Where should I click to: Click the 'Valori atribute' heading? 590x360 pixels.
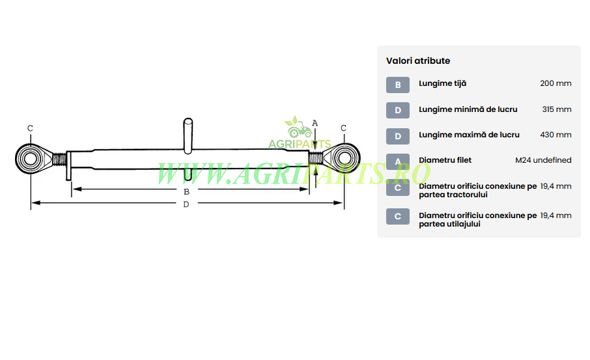click(417, 61)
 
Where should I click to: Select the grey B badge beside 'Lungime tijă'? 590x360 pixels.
click(398, 85)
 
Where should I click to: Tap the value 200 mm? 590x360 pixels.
click(555, 83)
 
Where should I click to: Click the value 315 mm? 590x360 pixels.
click(557, 109)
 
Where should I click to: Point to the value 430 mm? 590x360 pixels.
click(555, 135)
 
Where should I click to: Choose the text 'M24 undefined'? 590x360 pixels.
click(543, 160)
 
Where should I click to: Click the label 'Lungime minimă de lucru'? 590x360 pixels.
click(468, 109)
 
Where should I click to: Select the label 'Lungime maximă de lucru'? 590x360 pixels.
click(469, 135)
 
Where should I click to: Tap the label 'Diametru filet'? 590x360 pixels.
click(445, 160)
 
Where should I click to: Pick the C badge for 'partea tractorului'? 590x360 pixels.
click(398, 187)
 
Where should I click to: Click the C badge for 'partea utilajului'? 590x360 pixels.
click(398, 217)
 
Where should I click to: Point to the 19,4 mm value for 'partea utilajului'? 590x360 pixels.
click(555, 215)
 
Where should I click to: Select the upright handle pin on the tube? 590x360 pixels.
click(188, 136)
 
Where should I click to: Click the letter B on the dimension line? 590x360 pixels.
click(186, 192)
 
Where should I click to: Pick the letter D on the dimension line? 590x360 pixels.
click(186, 204)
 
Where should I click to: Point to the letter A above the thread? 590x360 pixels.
click(315, 123)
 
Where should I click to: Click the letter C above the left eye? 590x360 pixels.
click(30, 128)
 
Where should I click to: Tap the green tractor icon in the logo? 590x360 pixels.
click(299, 129)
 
